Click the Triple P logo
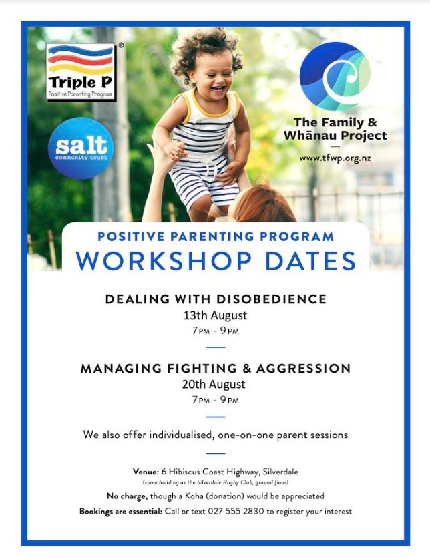pos(81,71)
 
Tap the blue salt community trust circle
pos(81,148)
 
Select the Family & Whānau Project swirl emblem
pos(335,75)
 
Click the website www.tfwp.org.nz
pos(335,158)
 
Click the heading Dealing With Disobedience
pos(216,299)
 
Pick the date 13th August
pos(215,315)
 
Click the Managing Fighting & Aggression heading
pos(216,368)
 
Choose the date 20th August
pos(214,384)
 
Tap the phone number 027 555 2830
pos(236,511)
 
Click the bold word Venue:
pos(146,472)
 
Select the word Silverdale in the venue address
pos(280,472)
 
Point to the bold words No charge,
pos(127,496)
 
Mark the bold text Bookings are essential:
pos(121,511)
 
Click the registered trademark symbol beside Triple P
pos(122,45)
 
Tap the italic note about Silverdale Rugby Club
pos(216,482)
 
